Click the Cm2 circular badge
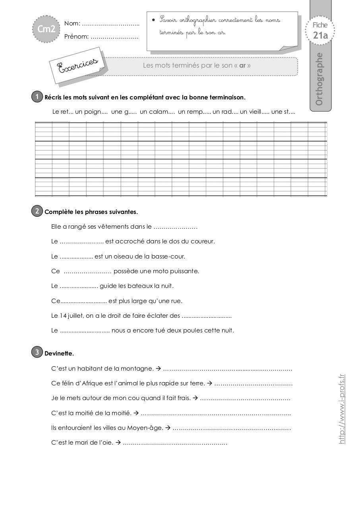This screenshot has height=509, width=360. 46,29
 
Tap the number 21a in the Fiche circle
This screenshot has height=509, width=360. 320,35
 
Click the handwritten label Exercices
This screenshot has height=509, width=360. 78,65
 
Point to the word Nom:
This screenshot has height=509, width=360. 72,24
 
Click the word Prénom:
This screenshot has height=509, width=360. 76,37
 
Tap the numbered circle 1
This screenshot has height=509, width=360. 37,97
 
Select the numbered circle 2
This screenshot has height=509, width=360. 37,211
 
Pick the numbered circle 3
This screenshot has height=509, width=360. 37,352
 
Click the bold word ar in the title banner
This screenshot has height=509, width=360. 242,66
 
